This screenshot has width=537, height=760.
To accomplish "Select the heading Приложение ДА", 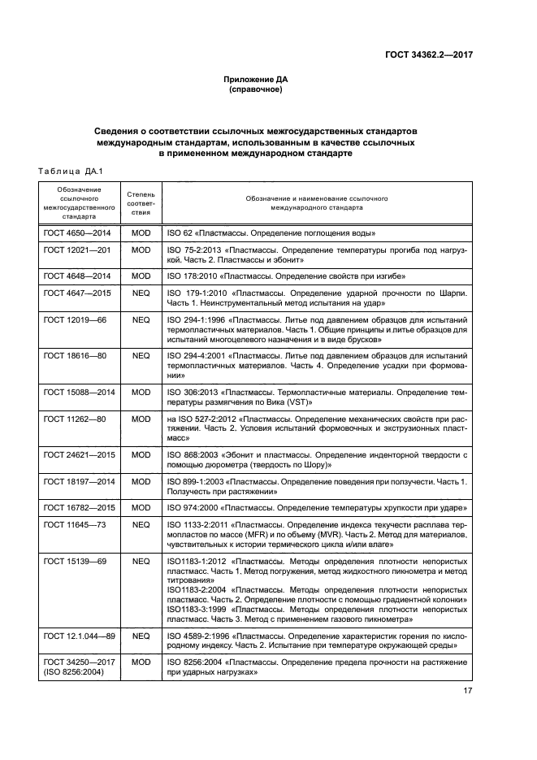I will point(255,80).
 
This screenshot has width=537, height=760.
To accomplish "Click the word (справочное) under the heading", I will point(255,90).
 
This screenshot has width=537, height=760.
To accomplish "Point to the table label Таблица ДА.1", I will point(65,170).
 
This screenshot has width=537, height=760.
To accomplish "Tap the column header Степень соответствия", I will point(141,202).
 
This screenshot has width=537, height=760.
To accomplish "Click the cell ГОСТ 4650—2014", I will point(76,232).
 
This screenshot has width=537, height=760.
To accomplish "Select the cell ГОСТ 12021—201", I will point(76,250).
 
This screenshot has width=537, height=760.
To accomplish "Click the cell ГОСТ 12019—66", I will point(74,319).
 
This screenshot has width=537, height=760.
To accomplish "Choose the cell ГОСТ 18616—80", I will point(74,356).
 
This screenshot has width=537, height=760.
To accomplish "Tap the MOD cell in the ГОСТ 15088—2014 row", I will point(141,393).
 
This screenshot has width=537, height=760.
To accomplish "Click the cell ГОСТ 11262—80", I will point(74,419).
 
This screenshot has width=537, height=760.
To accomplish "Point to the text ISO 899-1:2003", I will point(196,482).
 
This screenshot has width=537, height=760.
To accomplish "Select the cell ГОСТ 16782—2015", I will point(76,508).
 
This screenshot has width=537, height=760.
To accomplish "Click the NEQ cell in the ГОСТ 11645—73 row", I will point(141,525).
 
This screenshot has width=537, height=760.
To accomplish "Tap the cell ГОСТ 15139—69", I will point(74,562).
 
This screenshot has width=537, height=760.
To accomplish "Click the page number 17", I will point(469,692).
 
